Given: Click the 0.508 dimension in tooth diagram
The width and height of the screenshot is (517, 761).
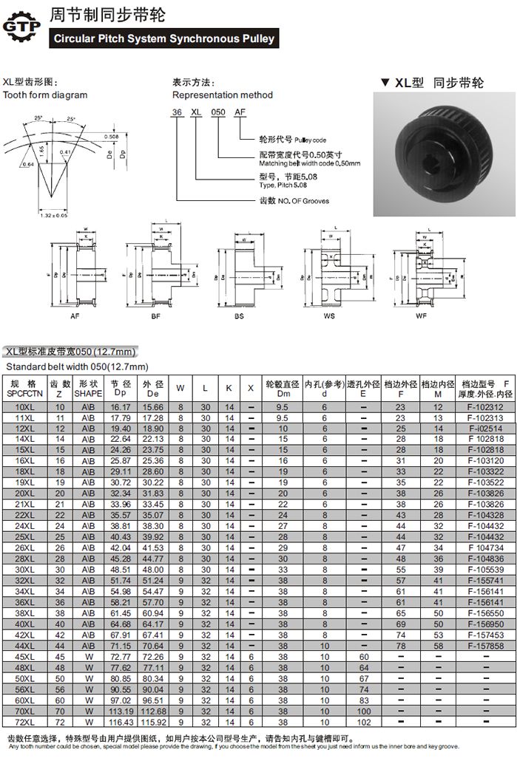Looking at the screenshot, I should click(111, 137).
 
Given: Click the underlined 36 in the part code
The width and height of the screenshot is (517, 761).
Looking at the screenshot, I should click(177, 111).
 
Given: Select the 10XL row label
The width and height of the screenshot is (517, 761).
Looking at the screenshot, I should click(24, 407).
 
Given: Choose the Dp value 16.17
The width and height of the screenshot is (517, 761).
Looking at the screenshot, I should click(121, 407).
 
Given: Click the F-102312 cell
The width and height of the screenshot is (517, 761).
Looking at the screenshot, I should click(485, 407).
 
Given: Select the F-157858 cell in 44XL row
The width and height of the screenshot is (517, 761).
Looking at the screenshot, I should click(485, 646).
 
